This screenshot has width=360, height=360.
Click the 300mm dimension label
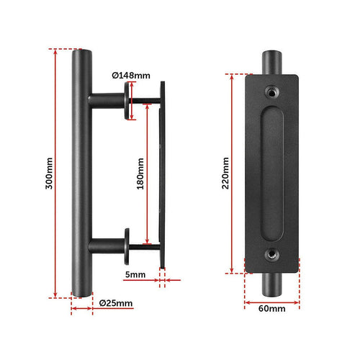(x=48, y=173)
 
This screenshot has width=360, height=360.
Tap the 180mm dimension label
(x=140, y=173)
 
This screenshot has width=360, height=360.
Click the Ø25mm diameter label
(x=115, y=304)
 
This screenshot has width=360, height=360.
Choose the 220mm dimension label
(x=225, y=173)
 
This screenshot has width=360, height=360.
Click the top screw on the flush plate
(x=273, y=91)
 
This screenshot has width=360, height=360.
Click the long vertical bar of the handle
(x=81, y=173)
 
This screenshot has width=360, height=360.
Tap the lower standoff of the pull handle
(x=108, y=247)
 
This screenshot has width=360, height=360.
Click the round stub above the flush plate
(x=273, y=60)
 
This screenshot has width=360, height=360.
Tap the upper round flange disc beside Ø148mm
(x=129, y=98)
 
